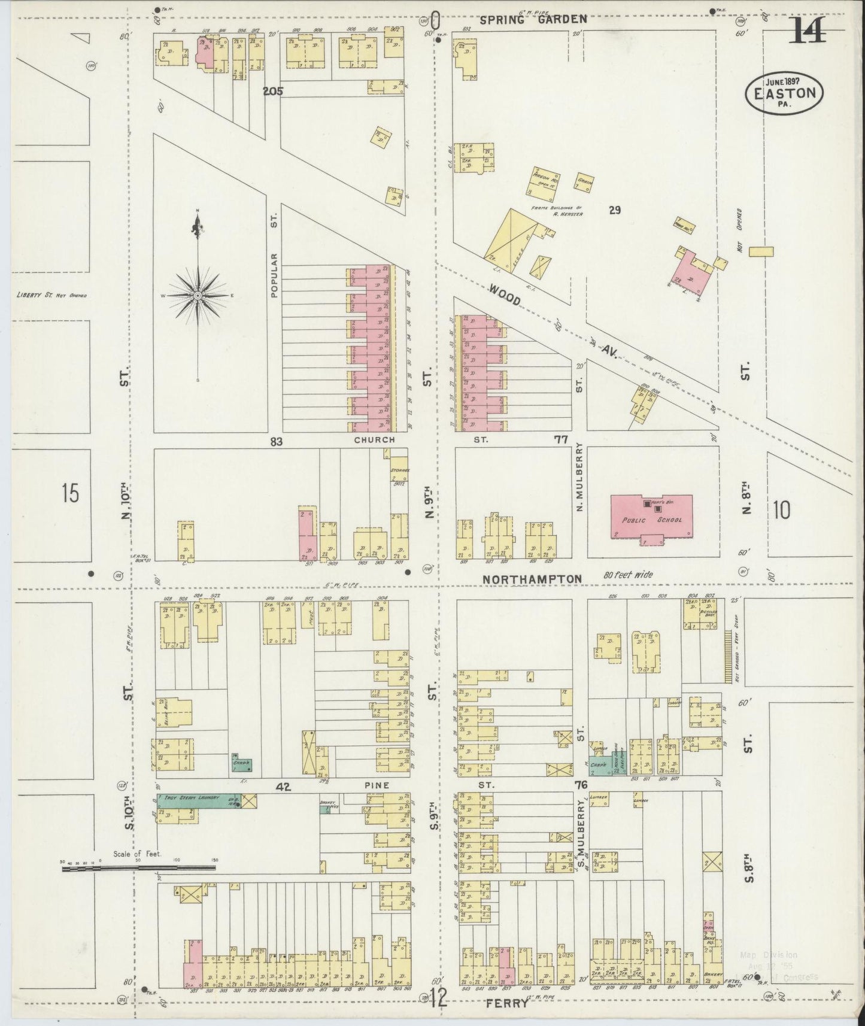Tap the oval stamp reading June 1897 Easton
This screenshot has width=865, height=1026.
784,93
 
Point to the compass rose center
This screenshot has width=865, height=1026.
198,296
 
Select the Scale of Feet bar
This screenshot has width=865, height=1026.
139,866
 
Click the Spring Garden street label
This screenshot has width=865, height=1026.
542,19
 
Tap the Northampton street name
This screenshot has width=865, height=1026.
532,579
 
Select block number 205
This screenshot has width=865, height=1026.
272,92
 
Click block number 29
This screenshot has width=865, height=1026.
614,210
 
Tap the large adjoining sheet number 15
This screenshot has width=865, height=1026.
69,493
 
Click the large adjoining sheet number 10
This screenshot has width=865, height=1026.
781,510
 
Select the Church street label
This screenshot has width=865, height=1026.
374,440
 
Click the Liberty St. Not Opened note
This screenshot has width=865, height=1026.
51,295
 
